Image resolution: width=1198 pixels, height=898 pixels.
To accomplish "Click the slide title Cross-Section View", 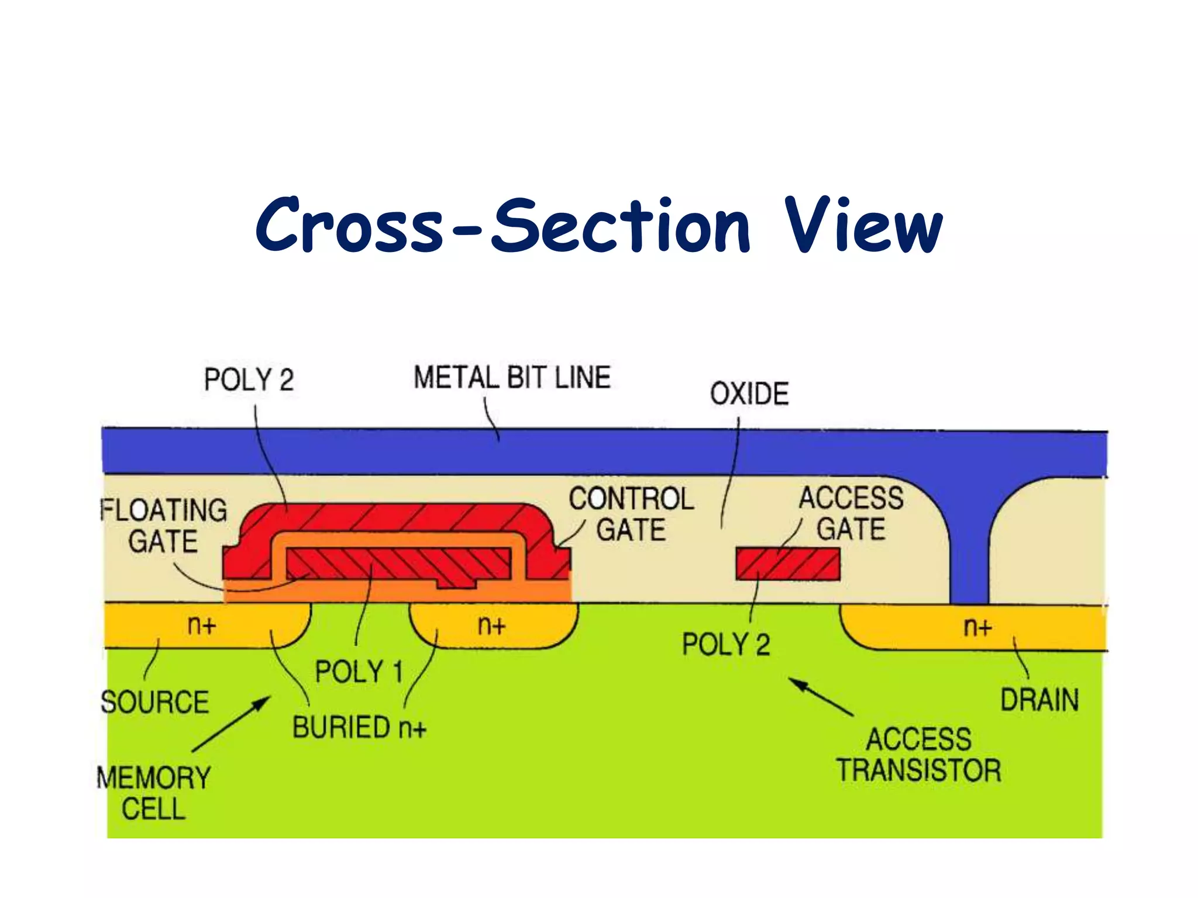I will click(x=599, y=227).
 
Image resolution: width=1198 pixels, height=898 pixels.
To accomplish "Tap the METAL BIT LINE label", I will click(x=512, y=378).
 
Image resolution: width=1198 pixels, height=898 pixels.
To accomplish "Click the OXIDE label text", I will click(x=749, y=393).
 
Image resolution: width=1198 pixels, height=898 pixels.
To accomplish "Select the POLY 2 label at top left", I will click(x=249, y=380).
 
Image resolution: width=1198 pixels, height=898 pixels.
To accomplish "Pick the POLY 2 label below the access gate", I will click(x=726, y=645).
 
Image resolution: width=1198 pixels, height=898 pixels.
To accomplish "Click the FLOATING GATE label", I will click(x=164, y=526).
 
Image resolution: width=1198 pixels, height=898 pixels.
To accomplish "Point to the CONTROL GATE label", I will click(x=631, y=514).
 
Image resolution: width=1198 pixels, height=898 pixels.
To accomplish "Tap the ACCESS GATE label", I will click(x=851, y=513).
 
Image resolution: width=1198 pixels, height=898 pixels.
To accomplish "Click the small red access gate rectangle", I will click(x=788, y=564).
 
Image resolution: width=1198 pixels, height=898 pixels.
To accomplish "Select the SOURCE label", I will click(x=154, y=702).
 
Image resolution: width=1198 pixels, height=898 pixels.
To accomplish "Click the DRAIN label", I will click(x=1039, y=700).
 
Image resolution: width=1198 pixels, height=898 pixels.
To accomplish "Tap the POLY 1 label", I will click(x=359, y=671).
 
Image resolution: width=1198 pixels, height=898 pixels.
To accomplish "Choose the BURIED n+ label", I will click(x=359, y=728).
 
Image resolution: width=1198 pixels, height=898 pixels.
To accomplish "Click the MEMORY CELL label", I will click(x=153, y=793).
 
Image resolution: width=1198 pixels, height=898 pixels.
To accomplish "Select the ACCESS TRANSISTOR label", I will click(x=918, y=755).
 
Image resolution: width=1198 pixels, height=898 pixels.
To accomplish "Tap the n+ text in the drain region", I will click(x=977, y=627).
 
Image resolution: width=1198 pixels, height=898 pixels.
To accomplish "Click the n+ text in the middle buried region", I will click(x=491, y=626).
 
